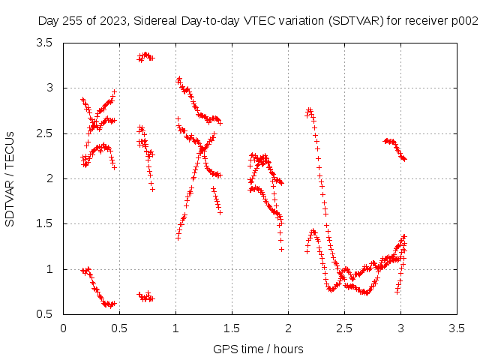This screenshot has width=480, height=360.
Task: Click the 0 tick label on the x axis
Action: [x=63, y=328]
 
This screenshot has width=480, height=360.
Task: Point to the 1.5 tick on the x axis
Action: [x=232, y=328]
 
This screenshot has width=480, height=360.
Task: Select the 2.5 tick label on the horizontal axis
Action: [x=344, y=328]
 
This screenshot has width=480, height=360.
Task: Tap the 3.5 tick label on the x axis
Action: [x=457, y=328]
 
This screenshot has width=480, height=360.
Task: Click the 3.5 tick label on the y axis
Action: [x=44, y=43]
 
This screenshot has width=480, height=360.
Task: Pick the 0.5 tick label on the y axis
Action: [x=44, y=314]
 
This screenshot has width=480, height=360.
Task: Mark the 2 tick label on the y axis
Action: [x=49, y=178]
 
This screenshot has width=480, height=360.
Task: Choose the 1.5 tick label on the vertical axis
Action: [x=44, y=223]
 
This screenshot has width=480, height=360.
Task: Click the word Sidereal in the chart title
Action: [x=155, y=21]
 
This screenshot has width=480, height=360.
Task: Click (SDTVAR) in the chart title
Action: [x=356, y=21]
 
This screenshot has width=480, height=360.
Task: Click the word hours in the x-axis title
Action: [x=288, y=349]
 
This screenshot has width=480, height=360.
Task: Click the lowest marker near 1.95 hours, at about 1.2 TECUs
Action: [x=281, y=250]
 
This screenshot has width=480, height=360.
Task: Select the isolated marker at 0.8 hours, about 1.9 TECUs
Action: [x=152, y=190]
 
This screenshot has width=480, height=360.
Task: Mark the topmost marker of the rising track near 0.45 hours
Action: [x=114, y=91]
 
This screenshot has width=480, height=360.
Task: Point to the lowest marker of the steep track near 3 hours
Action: [x=397, y=292]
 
